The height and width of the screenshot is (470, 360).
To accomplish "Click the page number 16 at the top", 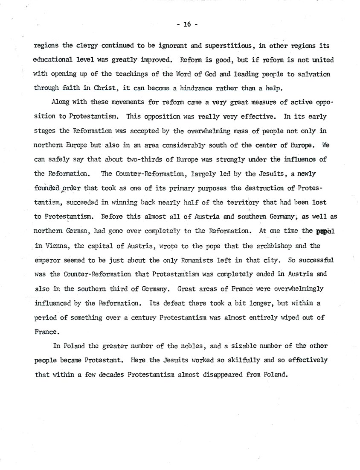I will click(x=186, y=25).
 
